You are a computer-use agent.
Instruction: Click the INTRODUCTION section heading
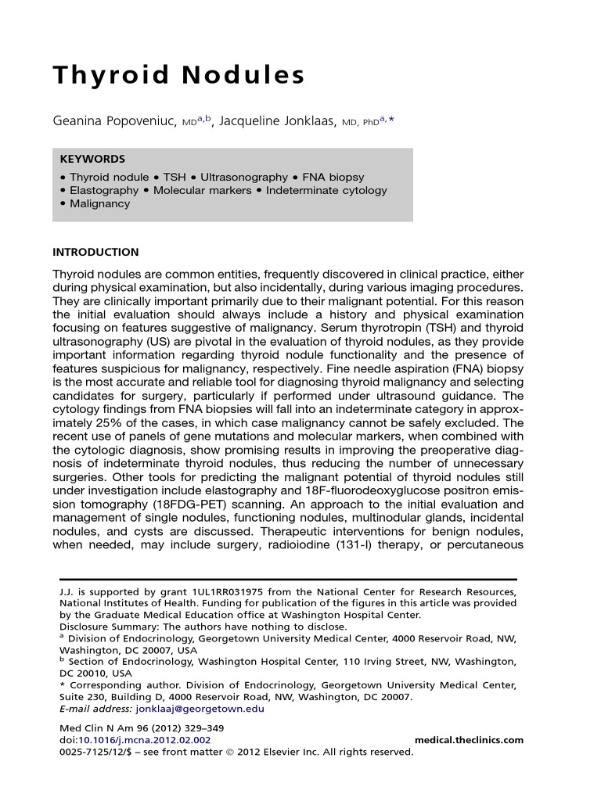pyautogui.click(x=95, y=253)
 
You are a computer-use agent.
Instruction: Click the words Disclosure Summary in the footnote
pyautogui.click(x=106, y=627)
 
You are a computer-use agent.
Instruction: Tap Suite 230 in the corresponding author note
pyautogui.click(x=84, y=698)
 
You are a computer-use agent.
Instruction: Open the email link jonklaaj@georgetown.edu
pyautogui.click(x=200, y=709)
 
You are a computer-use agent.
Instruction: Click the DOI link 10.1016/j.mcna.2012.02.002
pyautogui.click(x=143, y=741)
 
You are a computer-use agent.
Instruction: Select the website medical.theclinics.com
pyautogui.click(x=469, y=741)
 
